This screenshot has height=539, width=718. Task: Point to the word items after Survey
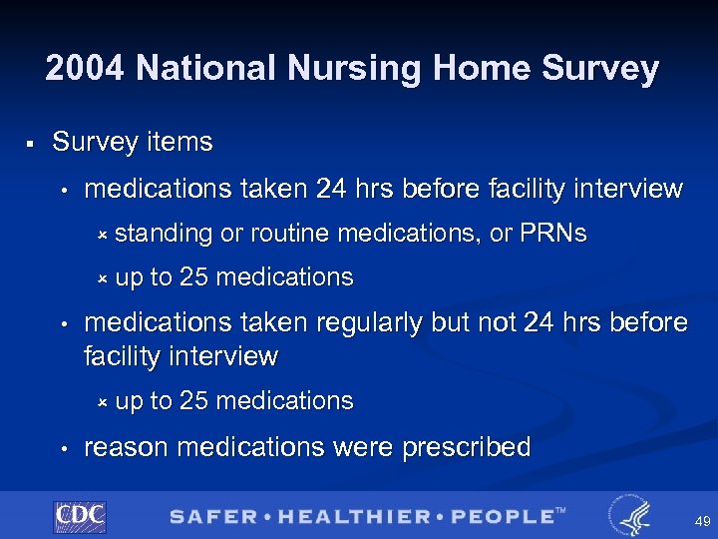179,143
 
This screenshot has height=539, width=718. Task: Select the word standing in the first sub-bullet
164,235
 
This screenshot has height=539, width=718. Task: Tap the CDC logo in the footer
80,516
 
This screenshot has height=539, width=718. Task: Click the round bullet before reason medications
63,448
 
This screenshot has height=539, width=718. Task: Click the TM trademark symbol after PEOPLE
560,511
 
